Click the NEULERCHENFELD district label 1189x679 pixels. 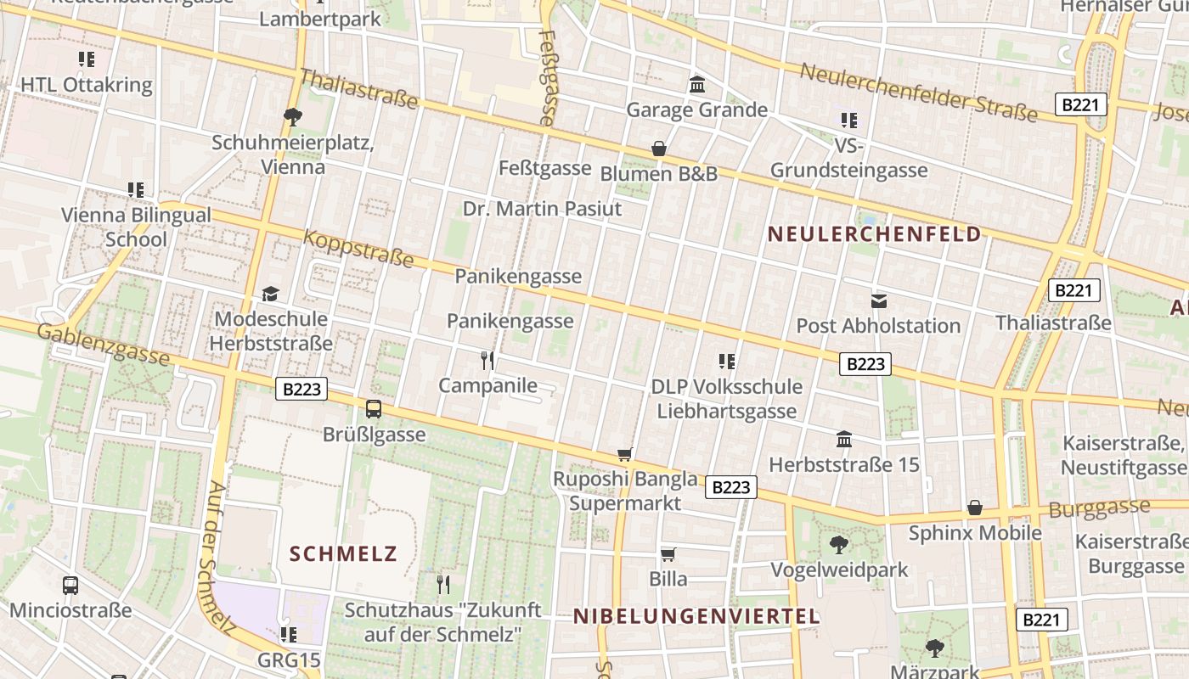point(875,234)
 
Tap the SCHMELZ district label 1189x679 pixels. point(343,554)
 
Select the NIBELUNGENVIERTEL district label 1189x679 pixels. point(696,616)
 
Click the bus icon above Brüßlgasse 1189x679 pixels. point(374,409)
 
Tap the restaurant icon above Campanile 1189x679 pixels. point(487,361)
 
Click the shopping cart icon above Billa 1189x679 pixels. point(668,554)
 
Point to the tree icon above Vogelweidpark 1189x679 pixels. point(839,544)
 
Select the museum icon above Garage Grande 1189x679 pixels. point(697,84)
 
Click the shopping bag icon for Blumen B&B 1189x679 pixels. point(658,149)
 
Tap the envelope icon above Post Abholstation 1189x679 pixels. point(879,300)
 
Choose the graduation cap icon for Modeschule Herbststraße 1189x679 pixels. point(270,294)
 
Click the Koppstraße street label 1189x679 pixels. point(358,248)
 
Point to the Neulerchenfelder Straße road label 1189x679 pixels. point(918,92)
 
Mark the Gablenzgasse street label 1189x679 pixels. point(103,343)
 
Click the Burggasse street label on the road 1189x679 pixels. point(1099,509)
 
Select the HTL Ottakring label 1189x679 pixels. point(87,85)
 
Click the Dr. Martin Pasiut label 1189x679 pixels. point(542,209)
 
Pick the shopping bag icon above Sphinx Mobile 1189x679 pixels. point(975,508)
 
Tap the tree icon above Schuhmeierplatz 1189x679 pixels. point(293,116)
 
